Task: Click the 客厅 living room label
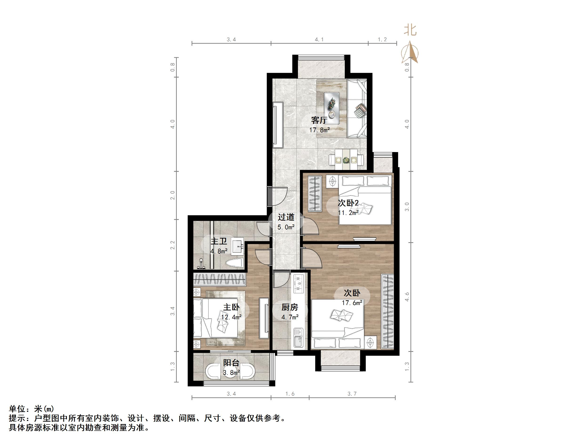(319, 120)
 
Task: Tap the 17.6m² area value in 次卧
(352, 303)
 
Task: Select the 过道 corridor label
(286, 217)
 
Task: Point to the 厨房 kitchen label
(290, 307)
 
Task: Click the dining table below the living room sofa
(346, 160)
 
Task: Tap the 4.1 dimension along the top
(319, 40)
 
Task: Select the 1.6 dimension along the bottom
(290, 394)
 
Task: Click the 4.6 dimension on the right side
(407, 297)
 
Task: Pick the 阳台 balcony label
(231, 363)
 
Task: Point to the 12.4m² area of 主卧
(231, 317)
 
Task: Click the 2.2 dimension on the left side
(173, 245)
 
